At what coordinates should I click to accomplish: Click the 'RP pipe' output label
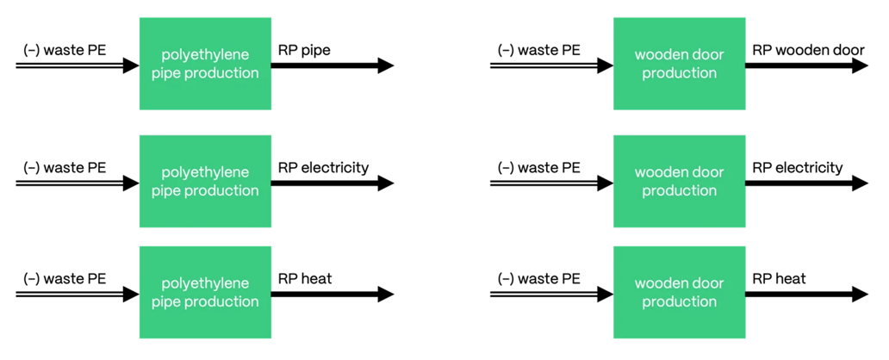[x=303, y=50]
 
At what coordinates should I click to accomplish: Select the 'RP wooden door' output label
[x=808, y=50]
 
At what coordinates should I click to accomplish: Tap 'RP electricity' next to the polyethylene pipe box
[x=323, y=167]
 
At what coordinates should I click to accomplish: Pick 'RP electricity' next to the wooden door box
[x=797, y=167]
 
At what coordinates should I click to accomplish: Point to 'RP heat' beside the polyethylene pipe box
[x=305, y=278]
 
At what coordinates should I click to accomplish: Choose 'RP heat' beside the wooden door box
[x=779, y=278]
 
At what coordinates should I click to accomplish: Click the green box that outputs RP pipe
[x=205, y=65]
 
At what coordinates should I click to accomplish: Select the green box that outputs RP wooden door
[x=679, y=65]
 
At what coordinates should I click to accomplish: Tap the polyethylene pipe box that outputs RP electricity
[x=205, y=182]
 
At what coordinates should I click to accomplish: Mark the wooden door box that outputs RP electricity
[x=679, y=182]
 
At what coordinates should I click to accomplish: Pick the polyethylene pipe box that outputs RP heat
[x=205, y=293]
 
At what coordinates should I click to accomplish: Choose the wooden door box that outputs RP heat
[x=679, y=293]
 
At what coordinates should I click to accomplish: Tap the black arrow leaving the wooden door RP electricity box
[x=805, y=183]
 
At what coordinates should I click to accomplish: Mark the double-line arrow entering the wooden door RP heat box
[x=551, y=294]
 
